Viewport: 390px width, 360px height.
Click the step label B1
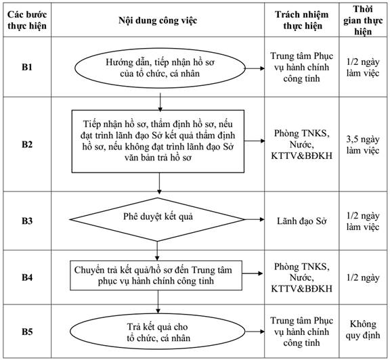coord(27,68)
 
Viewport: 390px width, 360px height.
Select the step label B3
coord(27,221)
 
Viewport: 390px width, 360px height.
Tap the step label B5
coord(27,332)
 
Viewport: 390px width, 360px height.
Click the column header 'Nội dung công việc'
coord(158,20)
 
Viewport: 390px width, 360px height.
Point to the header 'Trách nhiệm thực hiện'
coord(302,20)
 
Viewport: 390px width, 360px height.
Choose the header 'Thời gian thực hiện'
coord(363,20)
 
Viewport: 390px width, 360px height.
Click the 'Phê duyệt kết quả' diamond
coord(157,219)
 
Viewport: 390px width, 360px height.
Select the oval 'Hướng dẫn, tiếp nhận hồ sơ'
coord(160,68)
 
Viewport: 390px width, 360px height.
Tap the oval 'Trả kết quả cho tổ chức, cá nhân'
coord(158,332)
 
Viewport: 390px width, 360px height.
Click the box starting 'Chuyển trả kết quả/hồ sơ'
coord(156,275)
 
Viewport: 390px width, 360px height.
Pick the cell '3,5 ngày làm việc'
coord(363,145)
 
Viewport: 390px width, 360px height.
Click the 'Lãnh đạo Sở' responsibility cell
coord(302,221)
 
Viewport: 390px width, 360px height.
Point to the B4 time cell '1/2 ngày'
coord(363,277)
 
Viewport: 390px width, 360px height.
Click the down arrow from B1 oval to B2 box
coord(160,102)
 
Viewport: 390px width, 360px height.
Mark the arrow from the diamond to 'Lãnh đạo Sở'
coord(254,219)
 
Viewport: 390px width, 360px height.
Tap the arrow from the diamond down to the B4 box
coord(157,250)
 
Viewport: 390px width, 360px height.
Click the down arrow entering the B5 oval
coord(158,302)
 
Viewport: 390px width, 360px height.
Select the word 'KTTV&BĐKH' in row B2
coord(302,156)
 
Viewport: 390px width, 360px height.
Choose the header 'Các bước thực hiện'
coord(27,20)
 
